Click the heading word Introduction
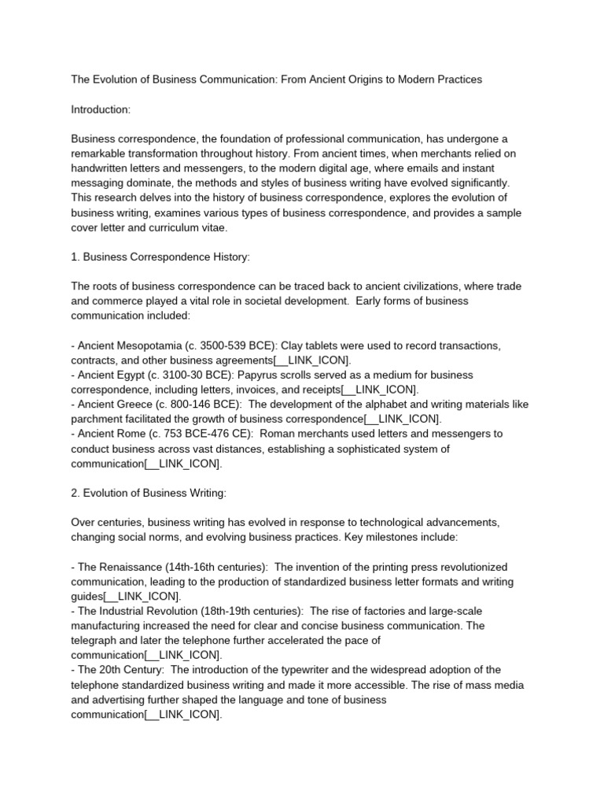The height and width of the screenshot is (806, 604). click(101, 109)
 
